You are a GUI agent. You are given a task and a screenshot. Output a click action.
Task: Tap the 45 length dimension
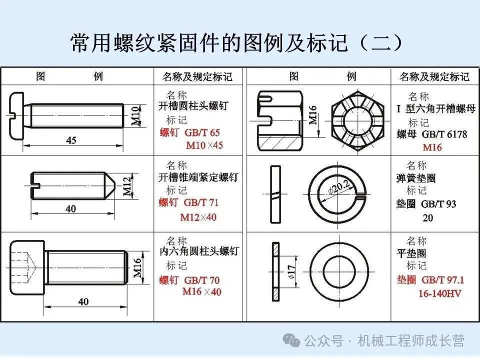pyautogui.click(x=71, y=140)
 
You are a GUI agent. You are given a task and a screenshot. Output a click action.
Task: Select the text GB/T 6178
pyautogui.click(x=444, y=134)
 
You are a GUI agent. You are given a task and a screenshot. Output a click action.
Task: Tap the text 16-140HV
pyautogui.click(x=440, y=293)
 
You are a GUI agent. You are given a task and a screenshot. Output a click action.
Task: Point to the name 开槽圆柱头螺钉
pyautogui.click(x=193, y=106)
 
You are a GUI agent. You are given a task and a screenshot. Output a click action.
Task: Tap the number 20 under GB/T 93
pyautogui.click(x=427, y=218)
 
